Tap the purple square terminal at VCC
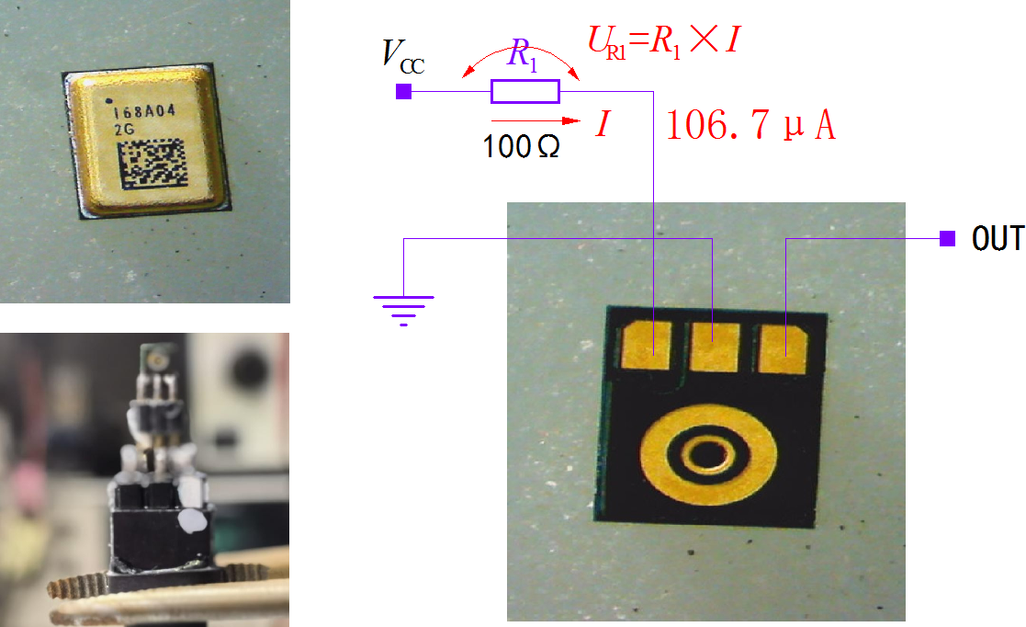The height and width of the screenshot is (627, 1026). pyautogui.click(x=402, y=91)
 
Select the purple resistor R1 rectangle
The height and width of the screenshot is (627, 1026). pyautogui.click(x=524, y=91)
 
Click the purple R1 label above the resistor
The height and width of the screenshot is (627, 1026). pyautogui.click(x=524, y=55)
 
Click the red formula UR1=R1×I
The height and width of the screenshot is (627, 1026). pyautogui.click(x=663, y=40)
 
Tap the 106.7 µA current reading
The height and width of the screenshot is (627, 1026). pyautogui.click(x=750, y=126)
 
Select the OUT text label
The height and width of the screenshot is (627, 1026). pyautogui.click(x=998, y=239)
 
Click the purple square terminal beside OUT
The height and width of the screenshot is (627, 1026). pyautogui.click(x=946, y=239)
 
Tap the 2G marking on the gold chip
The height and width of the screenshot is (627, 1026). pyautogui.click(x=123, y=130)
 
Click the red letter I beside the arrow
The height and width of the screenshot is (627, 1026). pyautogui.click(x=602, y=123)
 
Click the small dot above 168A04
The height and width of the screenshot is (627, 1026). pyautogui.click(x=110, y=100)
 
